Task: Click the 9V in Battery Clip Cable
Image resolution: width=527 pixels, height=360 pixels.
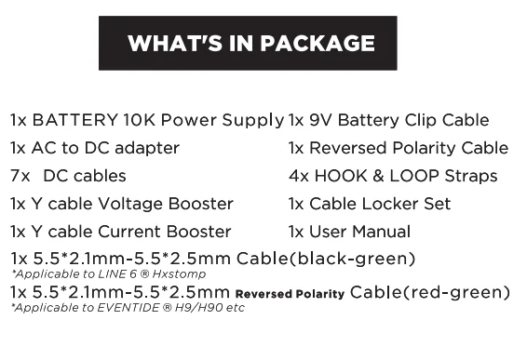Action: tap(321, 120)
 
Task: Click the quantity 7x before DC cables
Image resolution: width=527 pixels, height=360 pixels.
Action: tap(20, 176)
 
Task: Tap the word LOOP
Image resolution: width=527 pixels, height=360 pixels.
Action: tap(413, 176)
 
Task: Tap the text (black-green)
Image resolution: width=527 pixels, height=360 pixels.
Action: tap(353, 259)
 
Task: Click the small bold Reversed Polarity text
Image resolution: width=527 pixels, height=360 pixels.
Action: tap(290, 295)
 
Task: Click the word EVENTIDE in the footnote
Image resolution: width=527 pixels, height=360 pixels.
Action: tap(115, 308)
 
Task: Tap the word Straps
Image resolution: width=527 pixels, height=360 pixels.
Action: tap(469, 176)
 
